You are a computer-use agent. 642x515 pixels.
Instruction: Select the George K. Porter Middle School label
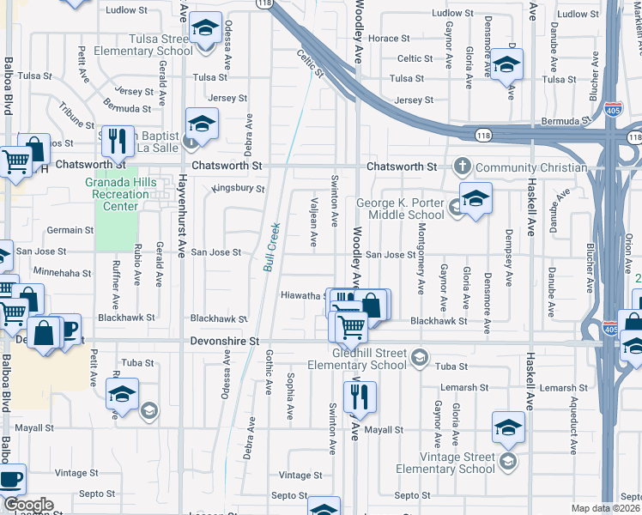tap(400, 209)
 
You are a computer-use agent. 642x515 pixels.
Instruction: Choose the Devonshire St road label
tap(223, 341)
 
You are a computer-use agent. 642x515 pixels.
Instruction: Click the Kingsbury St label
tap(238, 189)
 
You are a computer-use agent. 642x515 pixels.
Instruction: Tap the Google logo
tap(27, 505)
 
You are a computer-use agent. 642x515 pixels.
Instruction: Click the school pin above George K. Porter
tap(475, 197)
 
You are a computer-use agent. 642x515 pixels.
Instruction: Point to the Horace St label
tap(388, 39)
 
